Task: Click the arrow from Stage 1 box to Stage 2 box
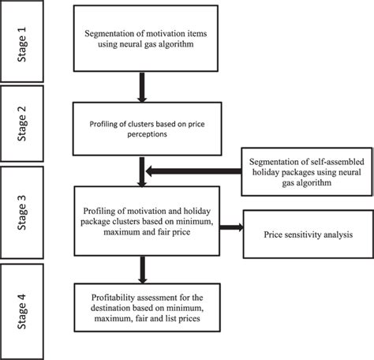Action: point(143,89)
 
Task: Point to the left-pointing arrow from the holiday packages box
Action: point(193,167)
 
